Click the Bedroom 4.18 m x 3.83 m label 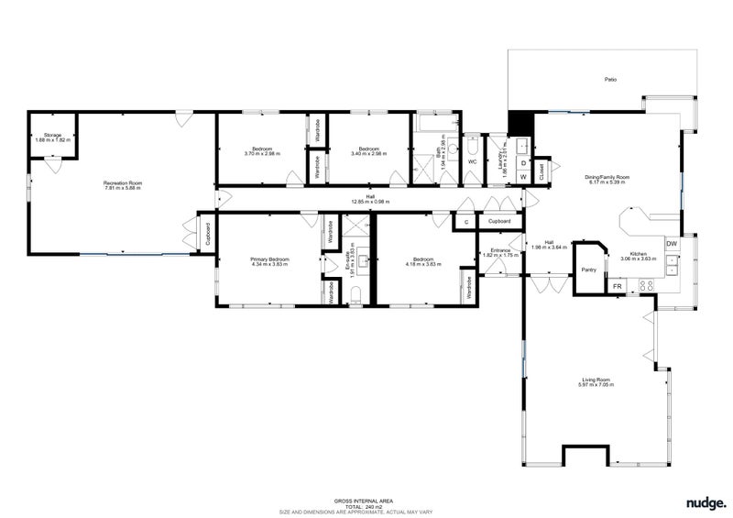423,262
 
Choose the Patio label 609,80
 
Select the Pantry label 589,270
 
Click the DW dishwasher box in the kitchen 672,244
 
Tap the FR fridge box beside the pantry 618,287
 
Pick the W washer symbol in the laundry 523,176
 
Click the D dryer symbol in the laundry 523,163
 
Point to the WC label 472,161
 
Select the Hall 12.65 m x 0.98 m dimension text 370,202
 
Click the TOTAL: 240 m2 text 366,506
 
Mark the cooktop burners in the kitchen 645,286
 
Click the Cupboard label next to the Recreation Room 209,233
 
